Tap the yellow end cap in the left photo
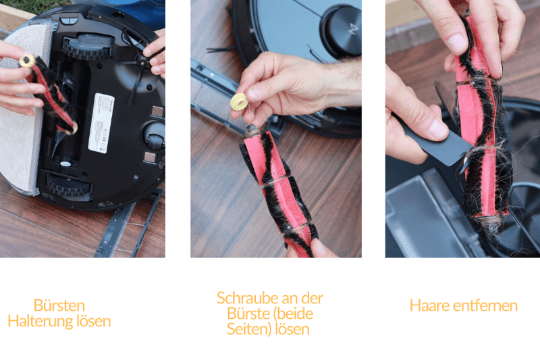27,61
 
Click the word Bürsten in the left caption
59,305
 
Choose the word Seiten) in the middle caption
247,330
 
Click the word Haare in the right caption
429,305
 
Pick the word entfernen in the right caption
485,305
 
